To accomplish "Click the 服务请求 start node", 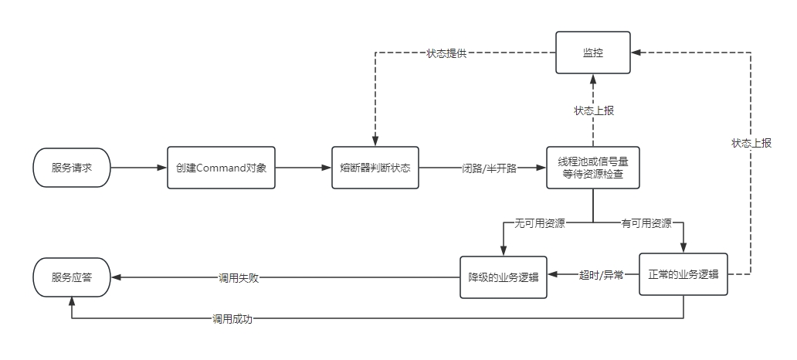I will (x=72, y=167).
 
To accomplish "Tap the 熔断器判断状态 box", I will (x=375, y=167).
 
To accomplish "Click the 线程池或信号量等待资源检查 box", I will (x=592, y=167).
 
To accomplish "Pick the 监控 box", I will (x=592, y=53).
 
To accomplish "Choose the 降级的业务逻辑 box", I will (x=503, y=277).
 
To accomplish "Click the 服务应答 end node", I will (x=72, y=277).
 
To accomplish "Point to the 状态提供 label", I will (x=446, y=53).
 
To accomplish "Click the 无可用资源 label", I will (x=540, y=224).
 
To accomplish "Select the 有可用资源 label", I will (x=646, y=224).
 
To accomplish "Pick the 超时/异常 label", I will (x=602, y=274).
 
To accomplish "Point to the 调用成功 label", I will (x=232, y=318).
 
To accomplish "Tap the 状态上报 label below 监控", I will (x=593, y=110).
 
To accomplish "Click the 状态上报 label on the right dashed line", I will (x=751, y=143).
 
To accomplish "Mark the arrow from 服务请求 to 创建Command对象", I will (x=139, y=167).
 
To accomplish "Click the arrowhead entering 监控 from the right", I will (x=636, y=53).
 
